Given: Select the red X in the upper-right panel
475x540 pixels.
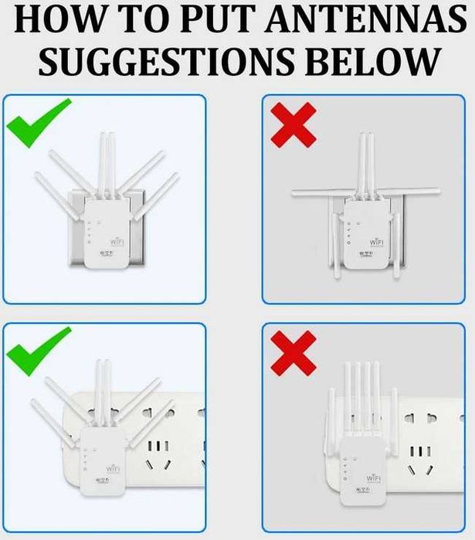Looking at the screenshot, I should (x=293, y=124).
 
